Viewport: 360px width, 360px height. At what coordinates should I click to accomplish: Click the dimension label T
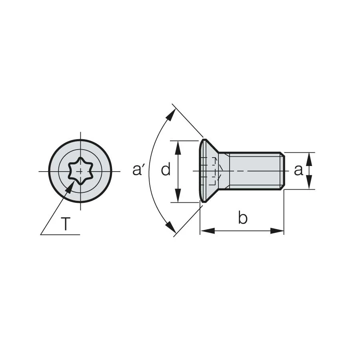(x=66, y=224)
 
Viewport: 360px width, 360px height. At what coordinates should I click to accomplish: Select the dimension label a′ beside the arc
(x=138, y=170)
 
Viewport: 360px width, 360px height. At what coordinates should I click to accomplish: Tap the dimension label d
(x=166, y=169)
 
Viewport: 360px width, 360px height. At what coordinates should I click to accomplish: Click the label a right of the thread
(x=298, y=170)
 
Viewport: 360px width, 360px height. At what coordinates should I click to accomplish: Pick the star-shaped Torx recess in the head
(x=80, y=171)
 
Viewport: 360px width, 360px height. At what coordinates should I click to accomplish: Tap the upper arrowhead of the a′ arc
(x=170, y=114)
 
